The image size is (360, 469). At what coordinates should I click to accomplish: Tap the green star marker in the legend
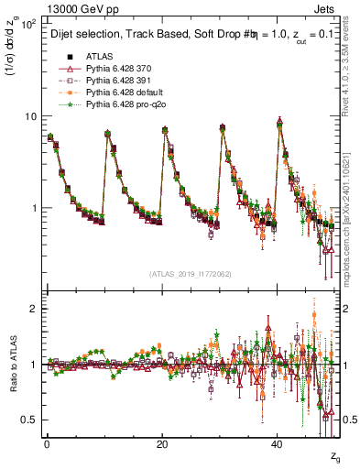click(64, 106)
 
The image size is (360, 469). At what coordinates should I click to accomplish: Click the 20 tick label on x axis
click(162, 442)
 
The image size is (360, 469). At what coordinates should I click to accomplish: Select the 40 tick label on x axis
click(278, 442)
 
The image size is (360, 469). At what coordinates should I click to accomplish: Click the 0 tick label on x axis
click(47, 442)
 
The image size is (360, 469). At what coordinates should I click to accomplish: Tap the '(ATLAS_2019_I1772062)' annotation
click(191, 274)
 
